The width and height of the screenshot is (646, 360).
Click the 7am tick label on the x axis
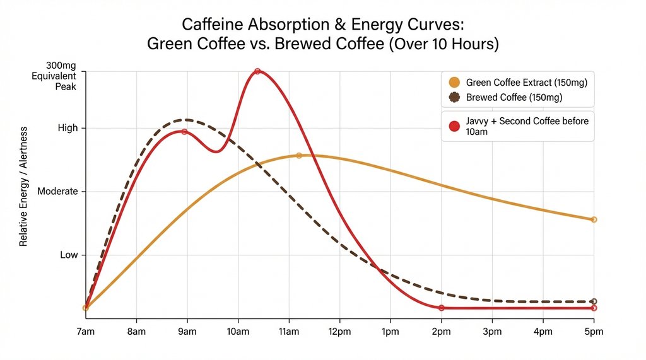pos(85,331)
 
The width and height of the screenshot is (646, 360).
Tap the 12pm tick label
pos(339,331)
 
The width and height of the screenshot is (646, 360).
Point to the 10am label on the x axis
pos(238,331)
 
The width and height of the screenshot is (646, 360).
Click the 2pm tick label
pos(441,331)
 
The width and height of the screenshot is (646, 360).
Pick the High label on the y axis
pos(68,128)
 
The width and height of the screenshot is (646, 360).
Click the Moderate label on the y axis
pos(58,192)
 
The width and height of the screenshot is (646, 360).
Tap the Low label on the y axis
pos(69,255)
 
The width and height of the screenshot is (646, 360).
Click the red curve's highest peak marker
pos(257,71)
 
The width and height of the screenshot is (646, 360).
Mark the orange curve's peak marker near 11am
pos(299,155)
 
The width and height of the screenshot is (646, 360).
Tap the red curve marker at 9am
pos(184,132)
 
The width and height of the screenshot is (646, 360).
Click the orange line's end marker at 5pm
pos(594,219)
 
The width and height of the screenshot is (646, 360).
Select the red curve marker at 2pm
pos(441,308)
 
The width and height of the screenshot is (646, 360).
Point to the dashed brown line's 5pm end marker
pos(594,301)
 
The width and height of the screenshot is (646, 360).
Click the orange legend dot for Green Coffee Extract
pos(454,83)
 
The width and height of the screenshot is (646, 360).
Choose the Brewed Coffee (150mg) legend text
pos(514,98)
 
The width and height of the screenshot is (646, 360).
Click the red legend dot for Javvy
pos(454,126)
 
